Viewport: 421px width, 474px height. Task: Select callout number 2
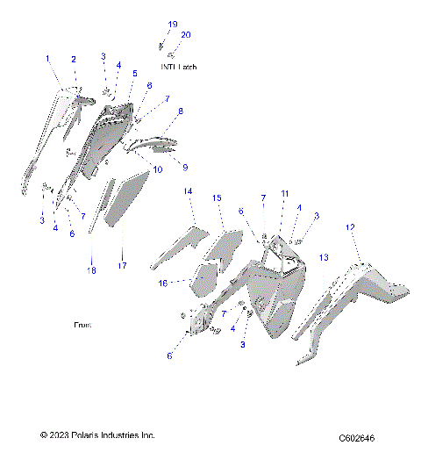point(74,59)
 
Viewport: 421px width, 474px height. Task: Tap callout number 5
point(135,74)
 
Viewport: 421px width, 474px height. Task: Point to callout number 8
point(180,111)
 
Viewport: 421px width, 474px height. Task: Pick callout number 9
point(185,165)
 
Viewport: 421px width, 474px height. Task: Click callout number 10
point(158,169)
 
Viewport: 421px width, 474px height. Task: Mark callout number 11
point(284,193)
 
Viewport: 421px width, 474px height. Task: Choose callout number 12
point(350,227)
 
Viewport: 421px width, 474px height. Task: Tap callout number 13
point(324,257)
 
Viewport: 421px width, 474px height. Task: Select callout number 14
point(188,190)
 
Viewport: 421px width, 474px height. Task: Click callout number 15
point(217,199)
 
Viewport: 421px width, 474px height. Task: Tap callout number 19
point(172,24)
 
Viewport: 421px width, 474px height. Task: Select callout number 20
point(185,34)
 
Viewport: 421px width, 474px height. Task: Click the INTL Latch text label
point(179,67)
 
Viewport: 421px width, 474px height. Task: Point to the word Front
point(82,325)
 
